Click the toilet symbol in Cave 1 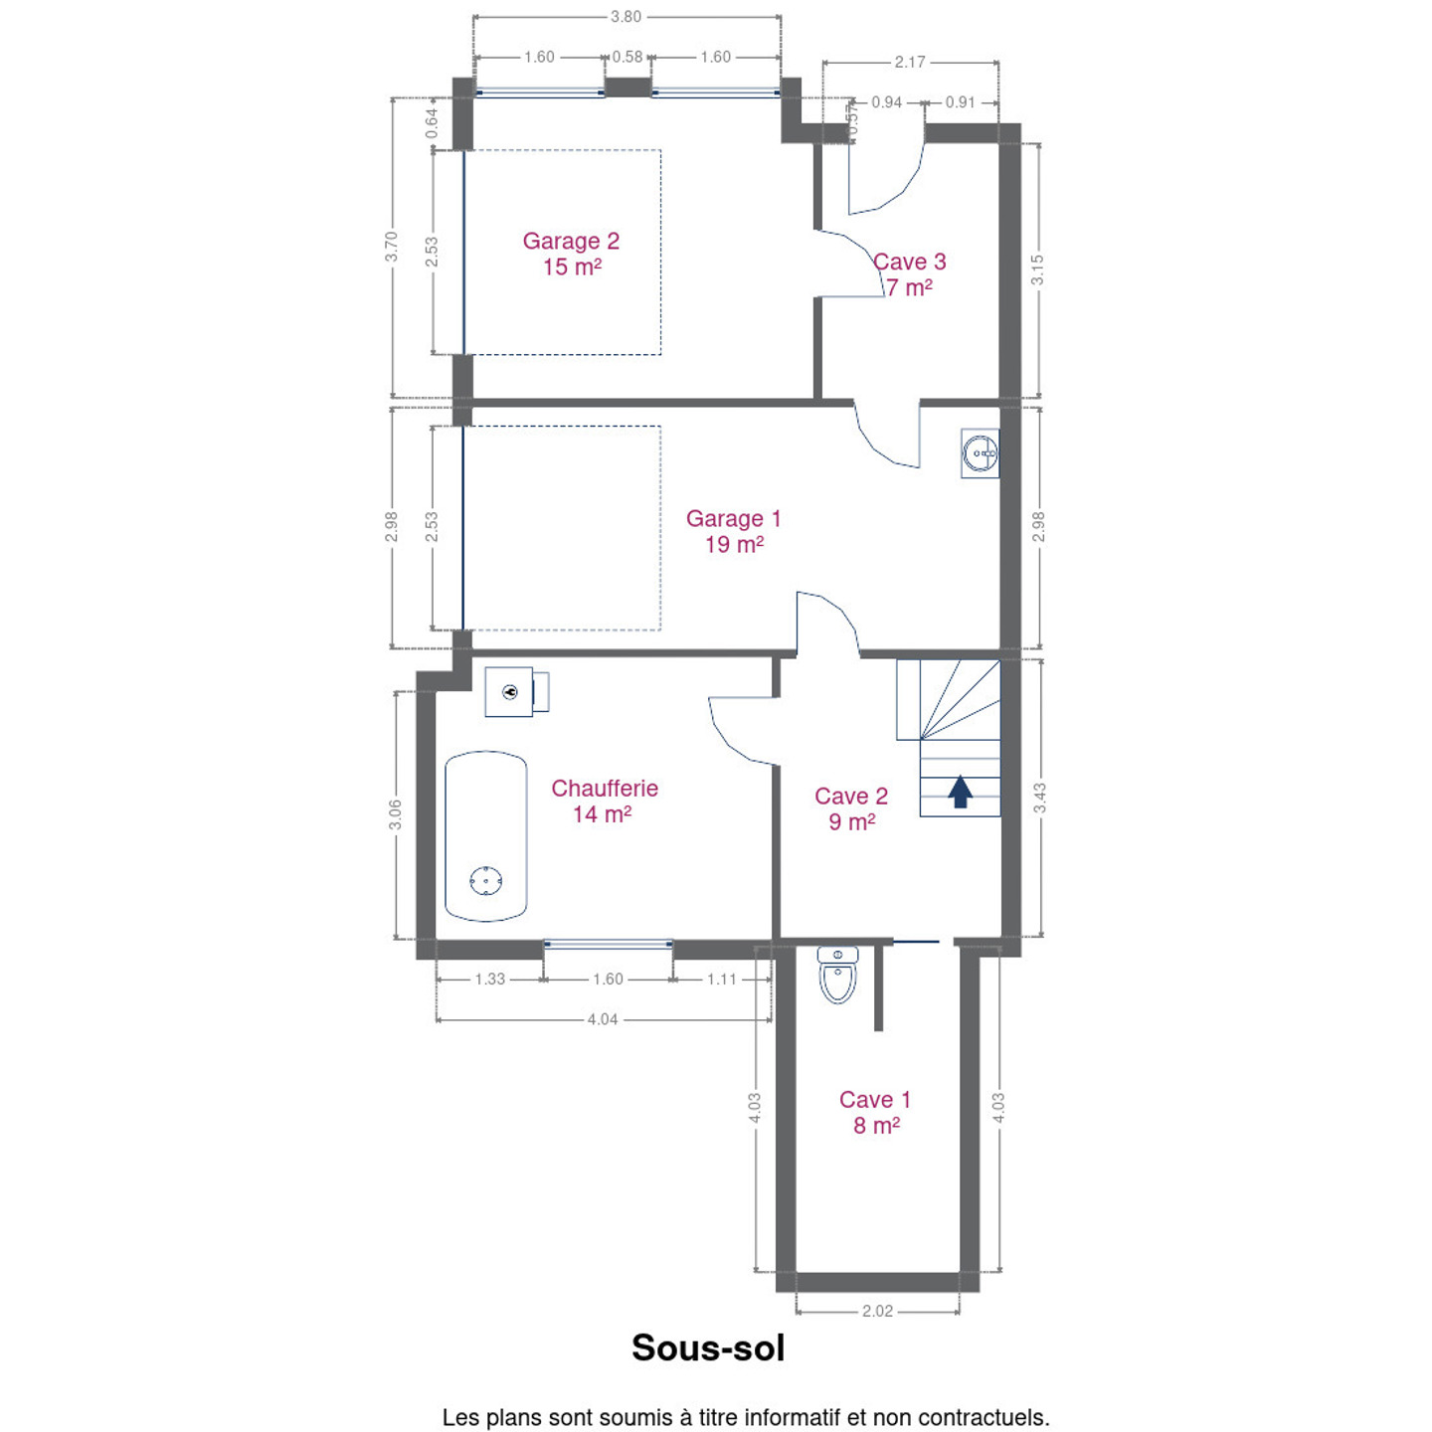coord(837,975)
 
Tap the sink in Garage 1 coord(980,452)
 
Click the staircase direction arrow coord(960,791)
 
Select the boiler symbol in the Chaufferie coord(516,691)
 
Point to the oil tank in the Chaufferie coord(486,836)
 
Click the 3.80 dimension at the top coord(626,16)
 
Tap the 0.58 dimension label coord(627,57)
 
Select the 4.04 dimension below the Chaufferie coord(602,1019)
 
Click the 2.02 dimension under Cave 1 coord(877,1311)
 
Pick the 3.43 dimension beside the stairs coord(1039,798)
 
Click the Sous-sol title coord(707,1347)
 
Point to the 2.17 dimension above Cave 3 coord(910,62)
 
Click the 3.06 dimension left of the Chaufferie coord(395,814)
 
